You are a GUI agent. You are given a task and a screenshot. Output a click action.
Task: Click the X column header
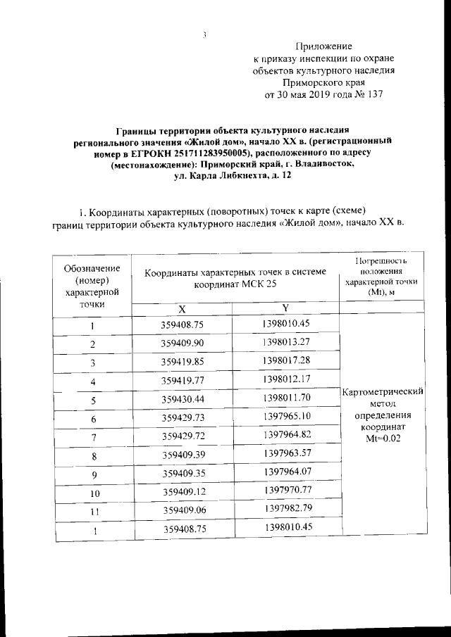[182, 309]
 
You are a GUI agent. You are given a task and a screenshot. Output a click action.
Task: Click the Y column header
[285, 308]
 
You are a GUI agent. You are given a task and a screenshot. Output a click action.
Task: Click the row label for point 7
[92, 438]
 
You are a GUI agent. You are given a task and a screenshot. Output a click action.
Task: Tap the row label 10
[92, 495]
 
